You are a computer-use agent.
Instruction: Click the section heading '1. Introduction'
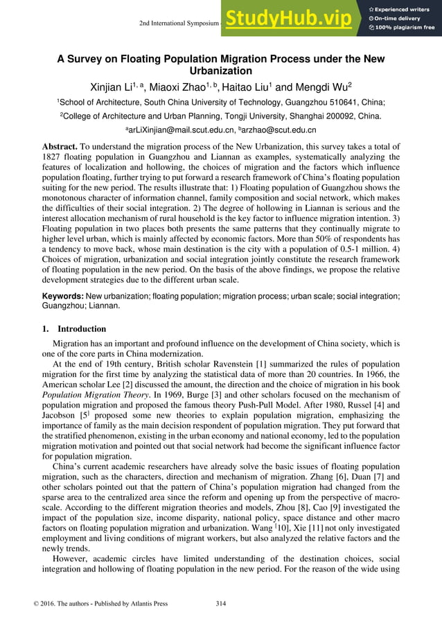(x=74, y=328)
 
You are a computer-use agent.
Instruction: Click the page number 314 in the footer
(x=221, y=604)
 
